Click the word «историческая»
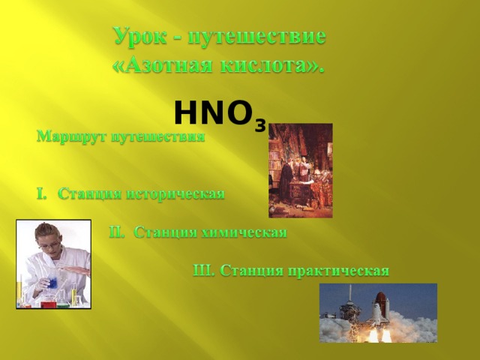tap(175, 194)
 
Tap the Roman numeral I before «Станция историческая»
tap(40, 194)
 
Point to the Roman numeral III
tap(204, 269)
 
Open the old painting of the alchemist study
tap(300, 170)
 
